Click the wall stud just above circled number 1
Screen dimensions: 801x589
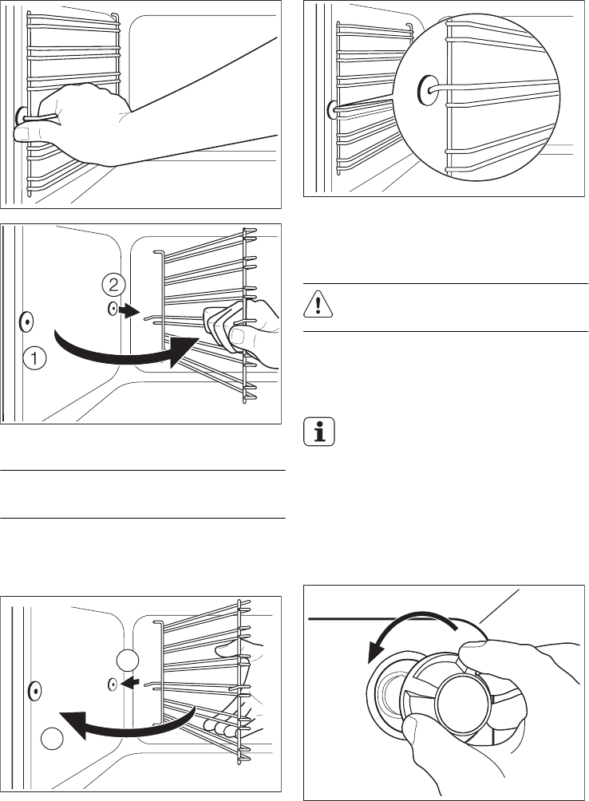tap(26, 322)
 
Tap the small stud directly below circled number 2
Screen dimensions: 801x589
tap(113, 308)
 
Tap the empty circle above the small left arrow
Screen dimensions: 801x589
tap(125, 660)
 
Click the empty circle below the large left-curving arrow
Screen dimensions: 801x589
tap(52, 739)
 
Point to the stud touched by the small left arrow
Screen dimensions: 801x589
tap(113, 683)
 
